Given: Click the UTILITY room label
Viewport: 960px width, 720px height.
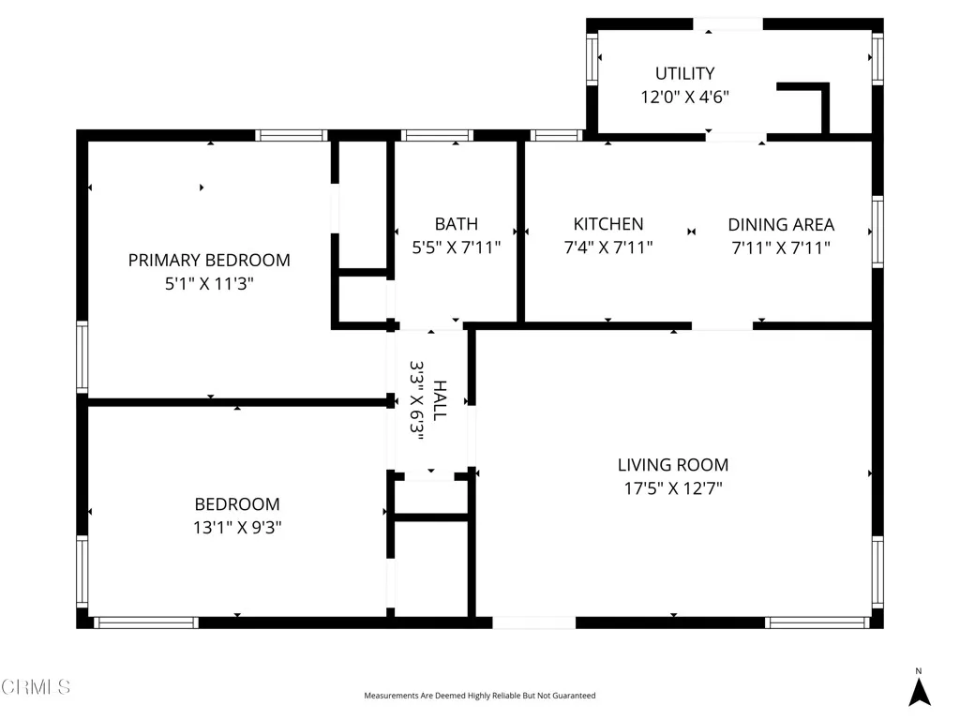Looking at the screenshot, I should (x=684, y=73).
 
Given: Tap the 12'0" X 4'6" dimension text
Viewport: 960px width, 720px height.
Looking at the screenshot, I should (x=684, y=97).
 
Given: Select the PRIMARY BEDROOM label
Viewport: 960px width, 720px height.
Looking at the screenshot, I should (x=209, y=261).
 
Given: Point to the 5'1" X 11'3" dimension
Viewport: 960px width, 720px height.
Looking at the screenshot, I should (x=209, y=284).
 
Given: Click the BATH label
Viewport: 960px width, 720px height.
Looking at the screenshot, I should (x=456, y=224).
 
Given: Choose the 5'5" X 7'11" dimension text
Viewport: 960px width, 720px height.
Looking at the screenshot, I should (x=457, y=247).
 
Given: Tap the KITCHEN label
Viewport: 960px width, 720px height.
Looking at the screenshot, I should (x=608, y=224).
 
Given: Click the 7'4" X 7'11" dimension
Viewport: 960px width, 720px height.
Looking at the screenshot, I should (x=608, y=247).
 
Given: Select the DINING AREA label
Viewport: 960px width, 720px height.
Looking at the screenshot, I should (x=781, y=225).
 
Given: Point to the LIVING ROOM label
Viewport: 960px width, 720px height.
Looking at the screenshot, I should (x=672, y=465).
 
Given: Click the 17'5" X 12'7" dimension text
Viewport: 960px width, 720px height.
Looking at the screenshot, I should (x=672, y=488).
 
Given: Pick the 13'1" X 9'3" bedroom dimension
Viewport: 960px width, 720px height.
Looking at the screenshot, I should (x=237, y=527).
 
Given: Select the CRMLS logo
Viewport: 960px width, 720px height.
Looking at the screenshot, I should (x=36, y=687).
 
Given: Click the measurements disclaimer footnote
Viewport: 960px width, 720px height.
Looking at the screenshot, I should (x=479, y=696).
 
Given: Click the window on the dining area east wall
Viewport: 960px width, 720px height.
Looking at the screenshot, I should (x=877, y=231).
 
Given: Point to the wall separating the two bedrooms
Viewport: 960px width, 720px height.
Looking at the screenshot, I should (x=237, y=402).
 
